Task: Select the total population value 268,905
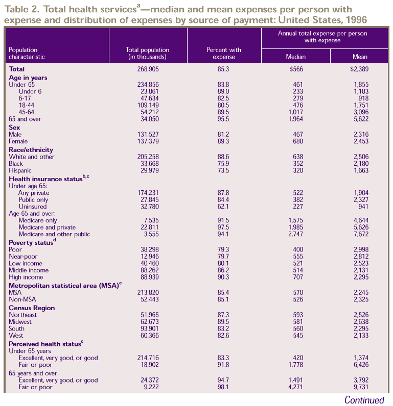[x=148, y=69]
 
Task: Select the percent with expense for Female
[x=224, y=141]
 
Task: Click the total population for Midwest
[x=148, y=322]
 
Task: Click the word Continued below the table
[x=364, y=400]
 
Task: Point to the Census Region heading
[x=32, y=308]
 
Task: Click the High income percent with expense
[x=224, y=277]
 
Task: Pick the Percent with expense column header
[x=224, y=53]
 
